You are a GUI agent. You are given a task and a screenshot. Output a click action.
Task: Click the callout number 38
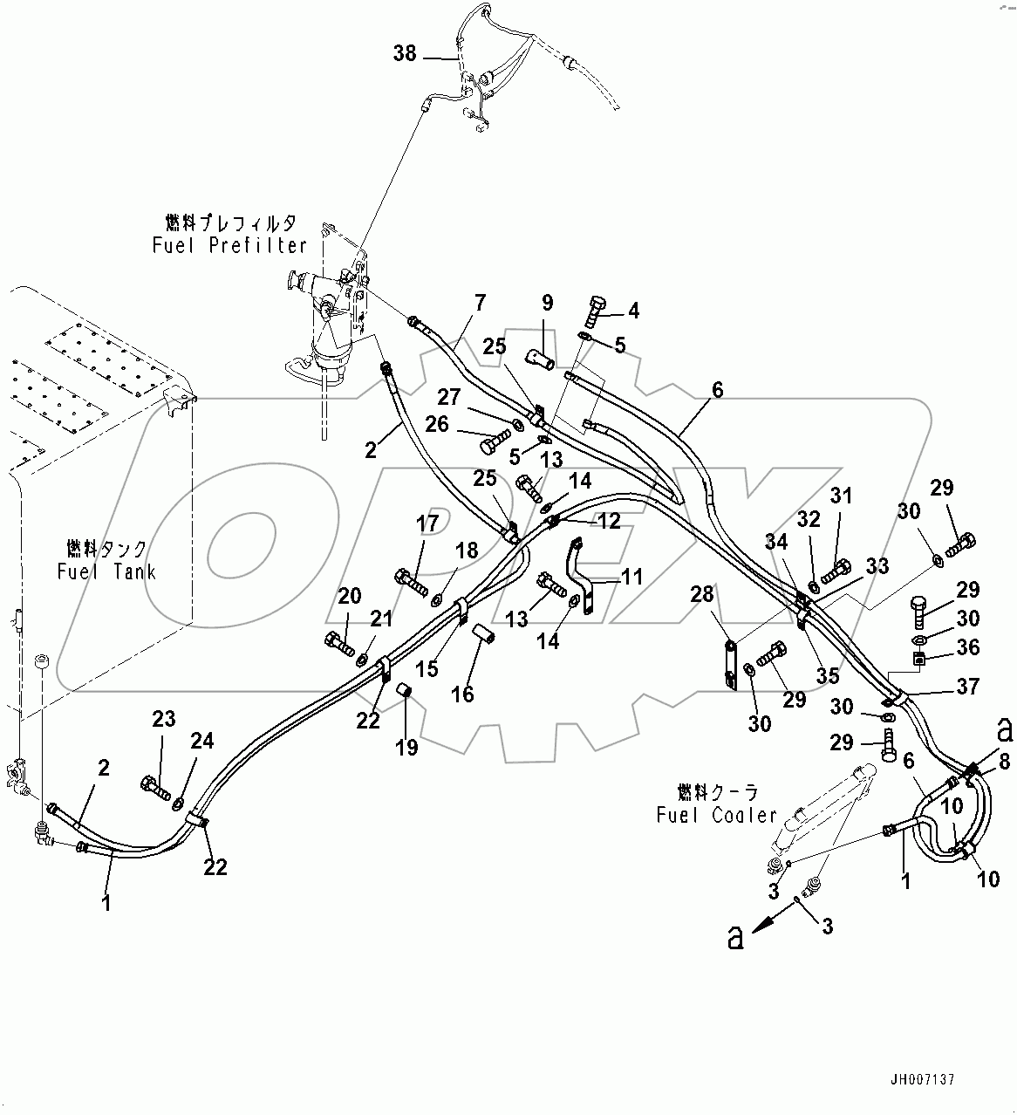tap(405, 54)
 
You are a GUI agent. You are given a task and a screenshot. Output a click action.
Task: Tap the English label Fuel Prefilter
tap(229, 245)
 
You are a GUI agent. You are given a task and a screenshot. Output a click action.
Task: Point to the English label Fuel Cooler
tap(716, 814)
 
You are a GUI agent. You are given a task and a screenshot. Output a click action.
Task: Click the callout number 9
tap(547, 304)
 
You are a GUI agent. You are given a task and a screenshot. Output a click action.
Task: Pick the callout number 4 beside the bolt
tap(634, 310)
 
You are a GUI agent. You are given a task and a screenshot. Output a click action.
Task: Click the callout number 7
tap(480, 303)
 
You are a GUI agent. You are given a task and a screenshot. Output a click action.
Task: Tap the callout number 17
tap(427, 523)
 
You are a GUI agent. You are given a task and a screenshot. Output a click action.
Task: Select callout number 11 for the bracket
tap(631, 576)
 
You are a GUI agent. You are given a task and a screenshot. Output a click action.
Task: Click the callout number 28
tap(702, 594)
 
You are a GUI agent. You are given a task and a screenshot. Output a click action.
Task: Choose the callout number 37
tap(967, 687)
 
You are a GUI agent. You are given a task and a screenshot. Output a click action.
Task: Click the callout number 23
tap(164, 719)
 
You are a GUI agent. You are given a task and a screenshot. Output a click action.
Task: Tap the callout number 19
tap(406, 747)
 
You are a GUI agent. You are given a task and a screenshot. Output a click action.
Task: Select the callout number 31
tap(840, 496)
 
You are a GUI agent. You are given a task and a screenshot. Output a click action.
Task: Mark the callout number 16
tap(462, 694)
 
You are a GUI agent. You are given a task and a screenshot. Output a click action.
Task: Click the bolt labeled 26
tap(491, 445)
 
